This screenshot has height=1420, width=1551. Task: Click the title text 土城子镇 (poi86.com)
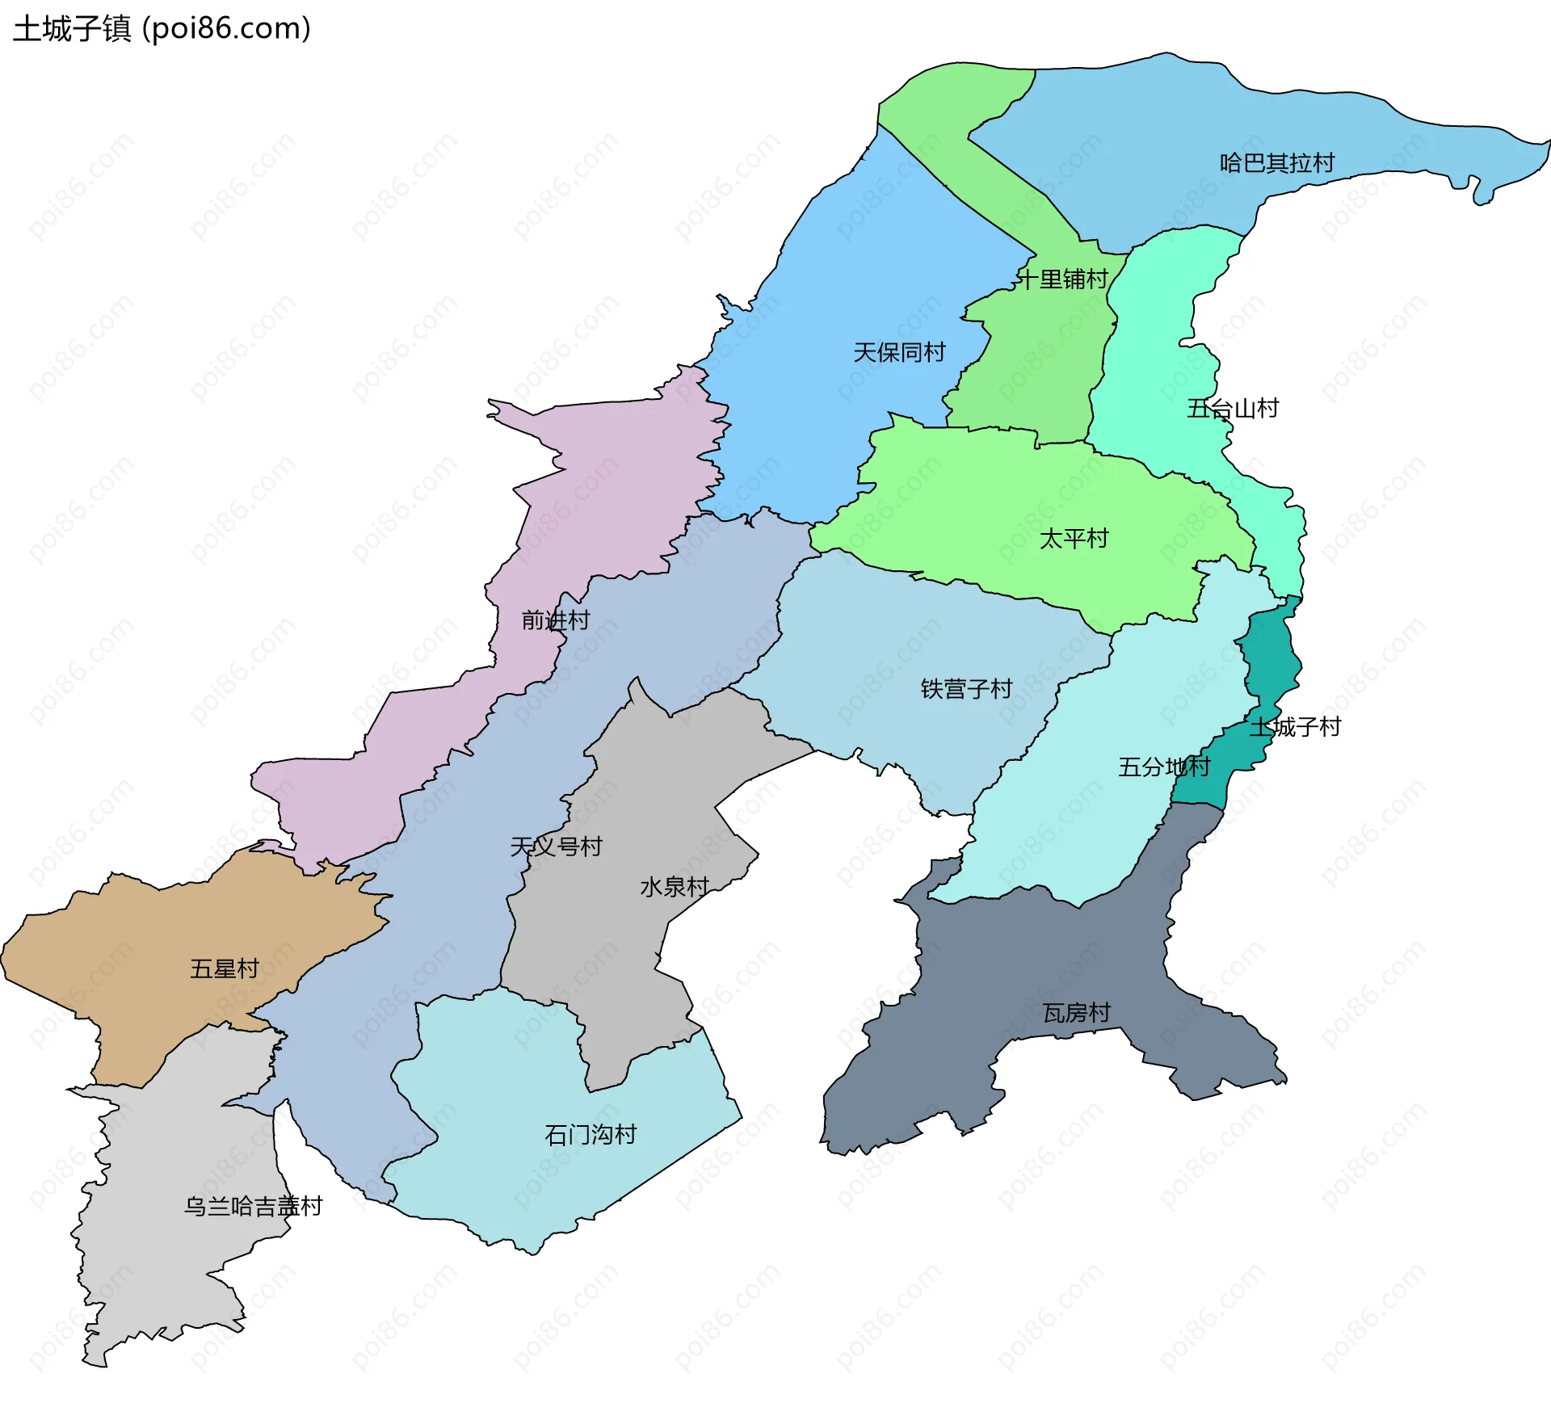(x=162, y=28)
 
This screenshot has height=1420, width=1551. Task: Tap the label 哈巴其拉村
(x=1276, y=163)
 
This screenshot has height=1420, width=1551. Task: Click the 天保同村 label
(x=899, y=352)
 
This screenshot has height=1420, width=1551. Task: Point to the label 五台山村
(x=1233, y=409)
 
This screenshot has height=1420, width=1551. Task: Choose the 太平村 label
(x=1074, y=539)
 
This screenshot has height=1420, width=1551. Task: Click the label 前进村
(x=556, y=620)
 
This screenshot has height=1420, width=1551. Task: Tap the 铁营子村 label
(x=966, y=689)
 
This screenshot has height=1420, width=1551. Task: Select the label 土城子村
(x=1295, y=727)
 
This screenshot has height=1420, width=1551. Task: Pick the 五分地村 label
(x=1164, y=767)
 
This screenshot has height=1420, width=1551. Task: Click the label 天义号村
(x=556, y=847)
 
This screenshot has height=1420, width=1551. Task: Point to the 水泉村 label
(x=675, y=887)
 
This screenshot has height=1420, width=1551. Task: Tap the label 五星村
(x=225, y=968)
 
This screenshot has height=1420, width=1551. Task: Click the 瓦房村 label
(x=1077, y=1013)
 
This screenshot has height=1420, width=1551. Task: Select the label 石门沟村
(x=591, y=1135)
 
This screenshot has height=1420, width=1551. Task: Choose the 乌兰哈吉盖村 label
(x=253, y=1206)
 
